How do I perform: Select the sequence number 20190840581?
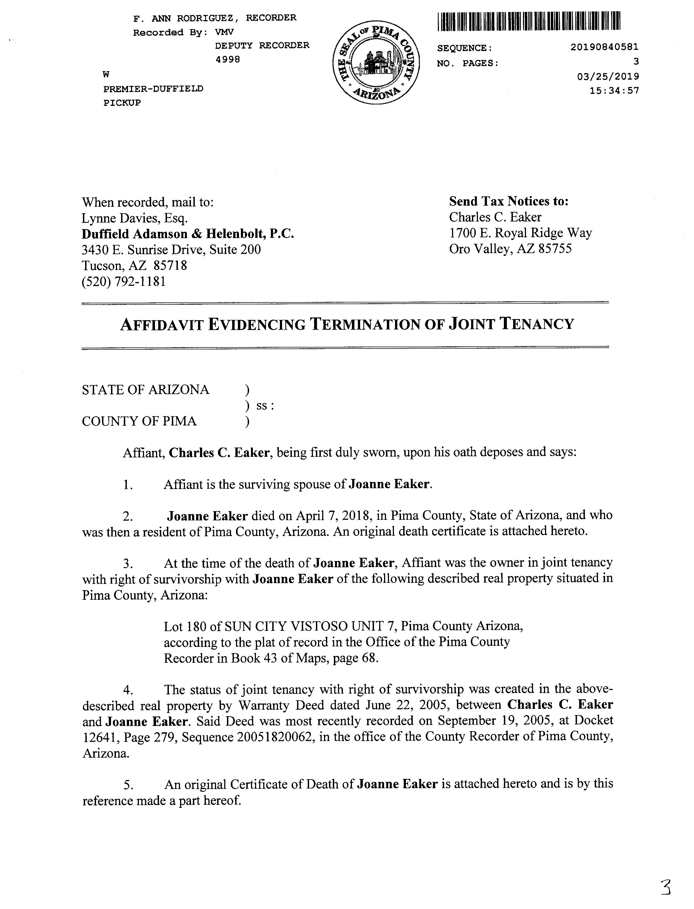(604, 47)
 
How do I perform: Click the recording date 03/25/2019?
(609, 76)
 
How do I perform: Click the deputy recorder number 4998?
(227, 59)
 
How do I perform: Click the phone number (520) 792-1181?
(124, 282)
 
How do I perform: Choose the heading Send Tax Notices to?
(509, 202)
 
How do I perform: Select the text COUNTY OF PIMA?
(139, 421)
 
